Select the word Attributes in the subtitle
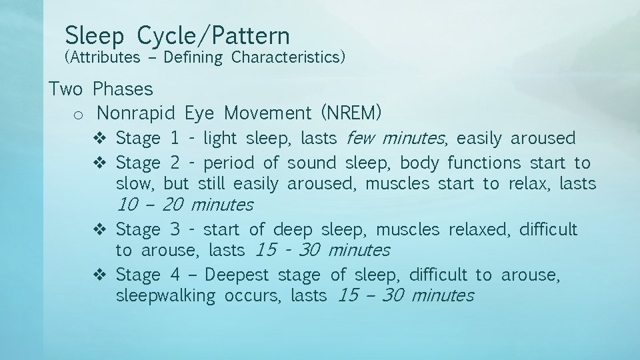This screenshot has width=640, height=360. click(x=102, y=57)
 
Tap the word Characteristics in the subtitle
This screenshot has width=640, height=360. click(x=288, y=57)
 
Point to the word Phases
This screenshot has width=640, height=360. click(x=123, y=89)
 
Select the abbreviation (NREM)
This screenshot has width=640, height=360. click(x=351, y=113)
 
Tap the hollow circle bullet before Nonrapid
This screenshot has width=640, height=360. click(x=77, y=115)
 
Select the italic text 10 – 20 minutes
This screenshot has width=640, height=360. click(x=185, y=205)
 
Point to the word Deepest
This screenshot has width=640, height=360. click(x=238, y=275)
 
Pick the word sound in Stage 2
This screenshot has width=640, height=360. click(x=313, y=163)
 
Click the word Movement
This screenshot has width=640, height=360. click(x=267, y=113)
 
